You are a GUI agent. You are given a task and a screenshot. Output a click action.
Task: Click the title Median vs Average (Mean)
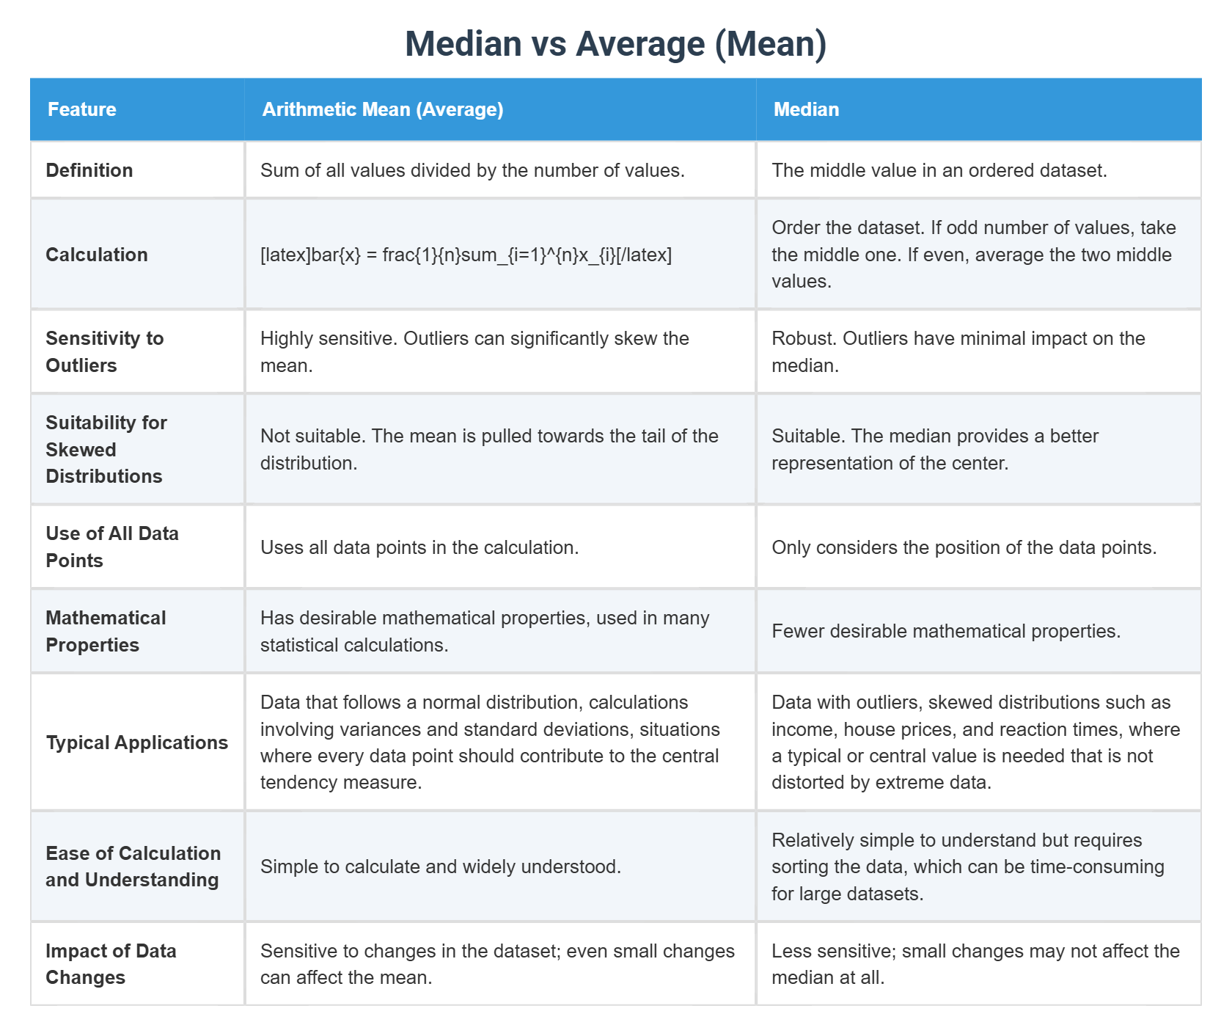click(x=615, y=43)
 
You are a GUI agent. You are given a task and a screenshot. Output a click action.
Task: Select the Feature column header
click(x=81, y=109)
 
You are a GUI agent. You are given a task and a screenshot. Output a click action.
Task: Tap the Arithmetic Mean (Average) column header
click(x=382, y=109)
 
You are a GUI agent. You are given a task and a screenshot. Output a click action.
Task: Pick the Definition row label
click(x=89, y=170)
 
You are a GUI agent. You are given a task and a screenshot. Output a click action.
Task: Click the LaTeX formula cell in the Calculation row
click(x=466, y=255)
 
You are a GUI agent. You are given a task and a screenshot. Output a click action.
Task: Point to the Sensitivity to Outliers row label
click(x=104, y=351)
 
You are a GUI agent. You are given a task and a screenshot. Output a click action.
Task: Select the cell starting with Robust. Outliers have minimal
click(x=958, y=351)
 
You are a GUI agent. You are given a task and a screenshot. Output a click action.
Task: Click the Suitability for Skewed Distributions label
click(x=106, y=449)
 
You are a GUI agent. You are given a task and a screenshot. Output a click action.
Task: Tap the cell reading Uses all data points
click(x=419, y=547)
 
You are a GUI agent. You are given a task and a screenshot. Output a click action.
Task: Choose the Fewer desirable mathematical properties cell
click(x=945, y=631)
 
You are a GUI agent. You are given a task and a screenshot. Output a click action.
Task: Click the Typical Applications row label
click(x=136, y=743)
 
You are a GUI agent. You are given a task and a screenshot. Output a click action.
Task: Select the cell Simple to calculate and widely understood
click(x=440, y=867)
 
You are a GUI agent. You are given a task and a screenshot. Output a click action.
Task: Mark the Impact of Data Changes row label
click(x=111, y=964)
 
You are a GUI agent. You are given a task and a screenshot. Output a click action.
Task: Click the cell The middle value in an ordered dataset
click(x=939, y=170)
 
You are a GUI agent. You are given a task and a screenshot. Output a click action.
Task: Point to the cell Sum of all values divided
click(x=472, y=170)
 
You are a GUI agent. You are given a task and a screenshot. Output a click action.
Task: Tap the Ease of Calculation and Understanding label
click(x=133, y=867)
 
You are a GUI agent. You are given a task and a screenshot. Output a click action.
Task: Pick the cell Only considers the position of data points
click(x=964, y=547)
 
